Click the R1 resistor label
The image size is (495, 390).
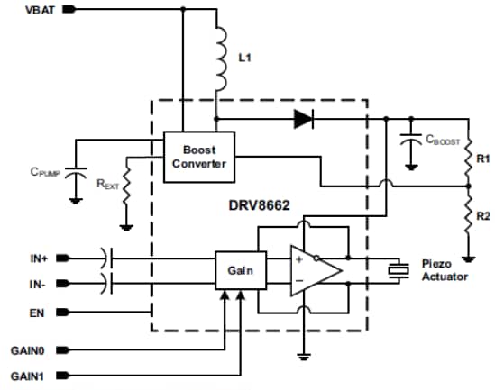coord(482,159)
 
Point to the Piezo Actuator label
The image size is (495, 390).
coord(445,270)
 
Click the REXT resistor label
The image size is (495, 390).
coord(107,184)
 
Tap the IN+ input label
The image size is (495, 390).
coord(38,258)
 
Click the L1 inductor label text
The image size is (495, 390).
coord(246,57)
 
